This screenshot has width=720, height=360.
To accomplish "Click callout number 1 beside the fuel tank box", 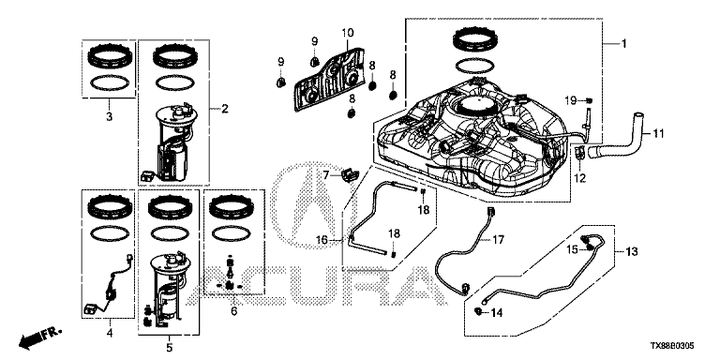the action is click(624, 44).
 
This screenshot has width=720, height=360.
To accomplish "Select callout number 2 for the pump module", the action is click(225, 109).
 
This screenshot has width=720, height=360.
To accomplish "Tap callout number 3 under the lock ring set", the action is click(110, 117).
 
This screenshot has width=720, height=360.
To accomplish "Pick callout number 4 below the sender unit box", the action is click(110, 332).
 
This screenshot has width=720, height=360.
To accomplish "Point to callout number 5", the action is click(170, 348).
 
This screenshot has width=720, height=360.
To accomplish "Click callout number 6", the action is click(233, 312).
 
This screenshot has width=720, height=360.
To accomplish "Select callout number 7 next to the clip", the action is click(325, 174).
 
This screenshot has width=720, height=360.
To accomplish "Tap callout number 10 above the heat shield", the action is click(348, 33).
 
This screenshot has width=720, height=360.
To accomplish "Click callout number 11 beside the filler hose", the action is click(659, 134).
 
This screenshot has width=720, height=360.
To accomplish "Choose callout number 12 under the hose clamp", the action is click(580, 178).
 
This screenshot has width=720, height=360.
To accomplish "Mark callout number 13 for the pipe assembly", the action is click(632, 251).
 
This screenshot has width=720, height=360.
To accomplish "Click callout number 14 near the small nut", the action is click(497, 313).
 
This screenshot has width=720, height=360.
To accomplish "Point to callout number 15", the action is click(572, 249).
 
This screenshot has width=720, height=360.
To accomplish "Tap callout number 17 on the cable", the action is click(499, 239).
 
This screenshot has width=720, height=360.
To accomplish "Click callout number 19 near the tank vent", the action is click(571, 99).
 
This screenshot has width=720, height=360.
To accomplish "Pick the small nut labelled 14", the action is click(478, 312).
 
